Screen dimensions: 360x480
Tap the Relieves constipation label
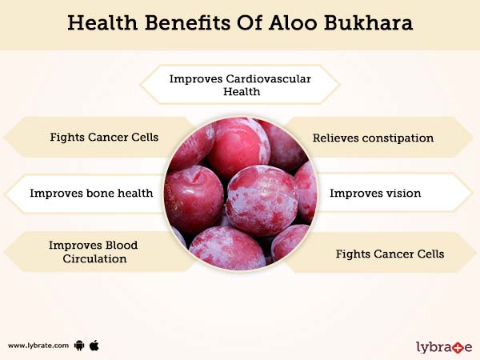coord(373,138)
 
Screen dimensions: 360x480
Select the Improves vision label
coord(375,193)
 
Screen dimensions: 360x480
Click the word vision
coord(403,193)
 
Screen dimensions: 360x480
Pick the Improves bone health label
coord(91,193)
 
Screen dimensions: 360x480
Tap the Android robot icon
coord(78,346)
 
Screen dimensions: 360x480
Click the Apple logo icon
coord(94,345)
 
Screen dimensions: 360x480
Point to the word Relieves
coord(334,138)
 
